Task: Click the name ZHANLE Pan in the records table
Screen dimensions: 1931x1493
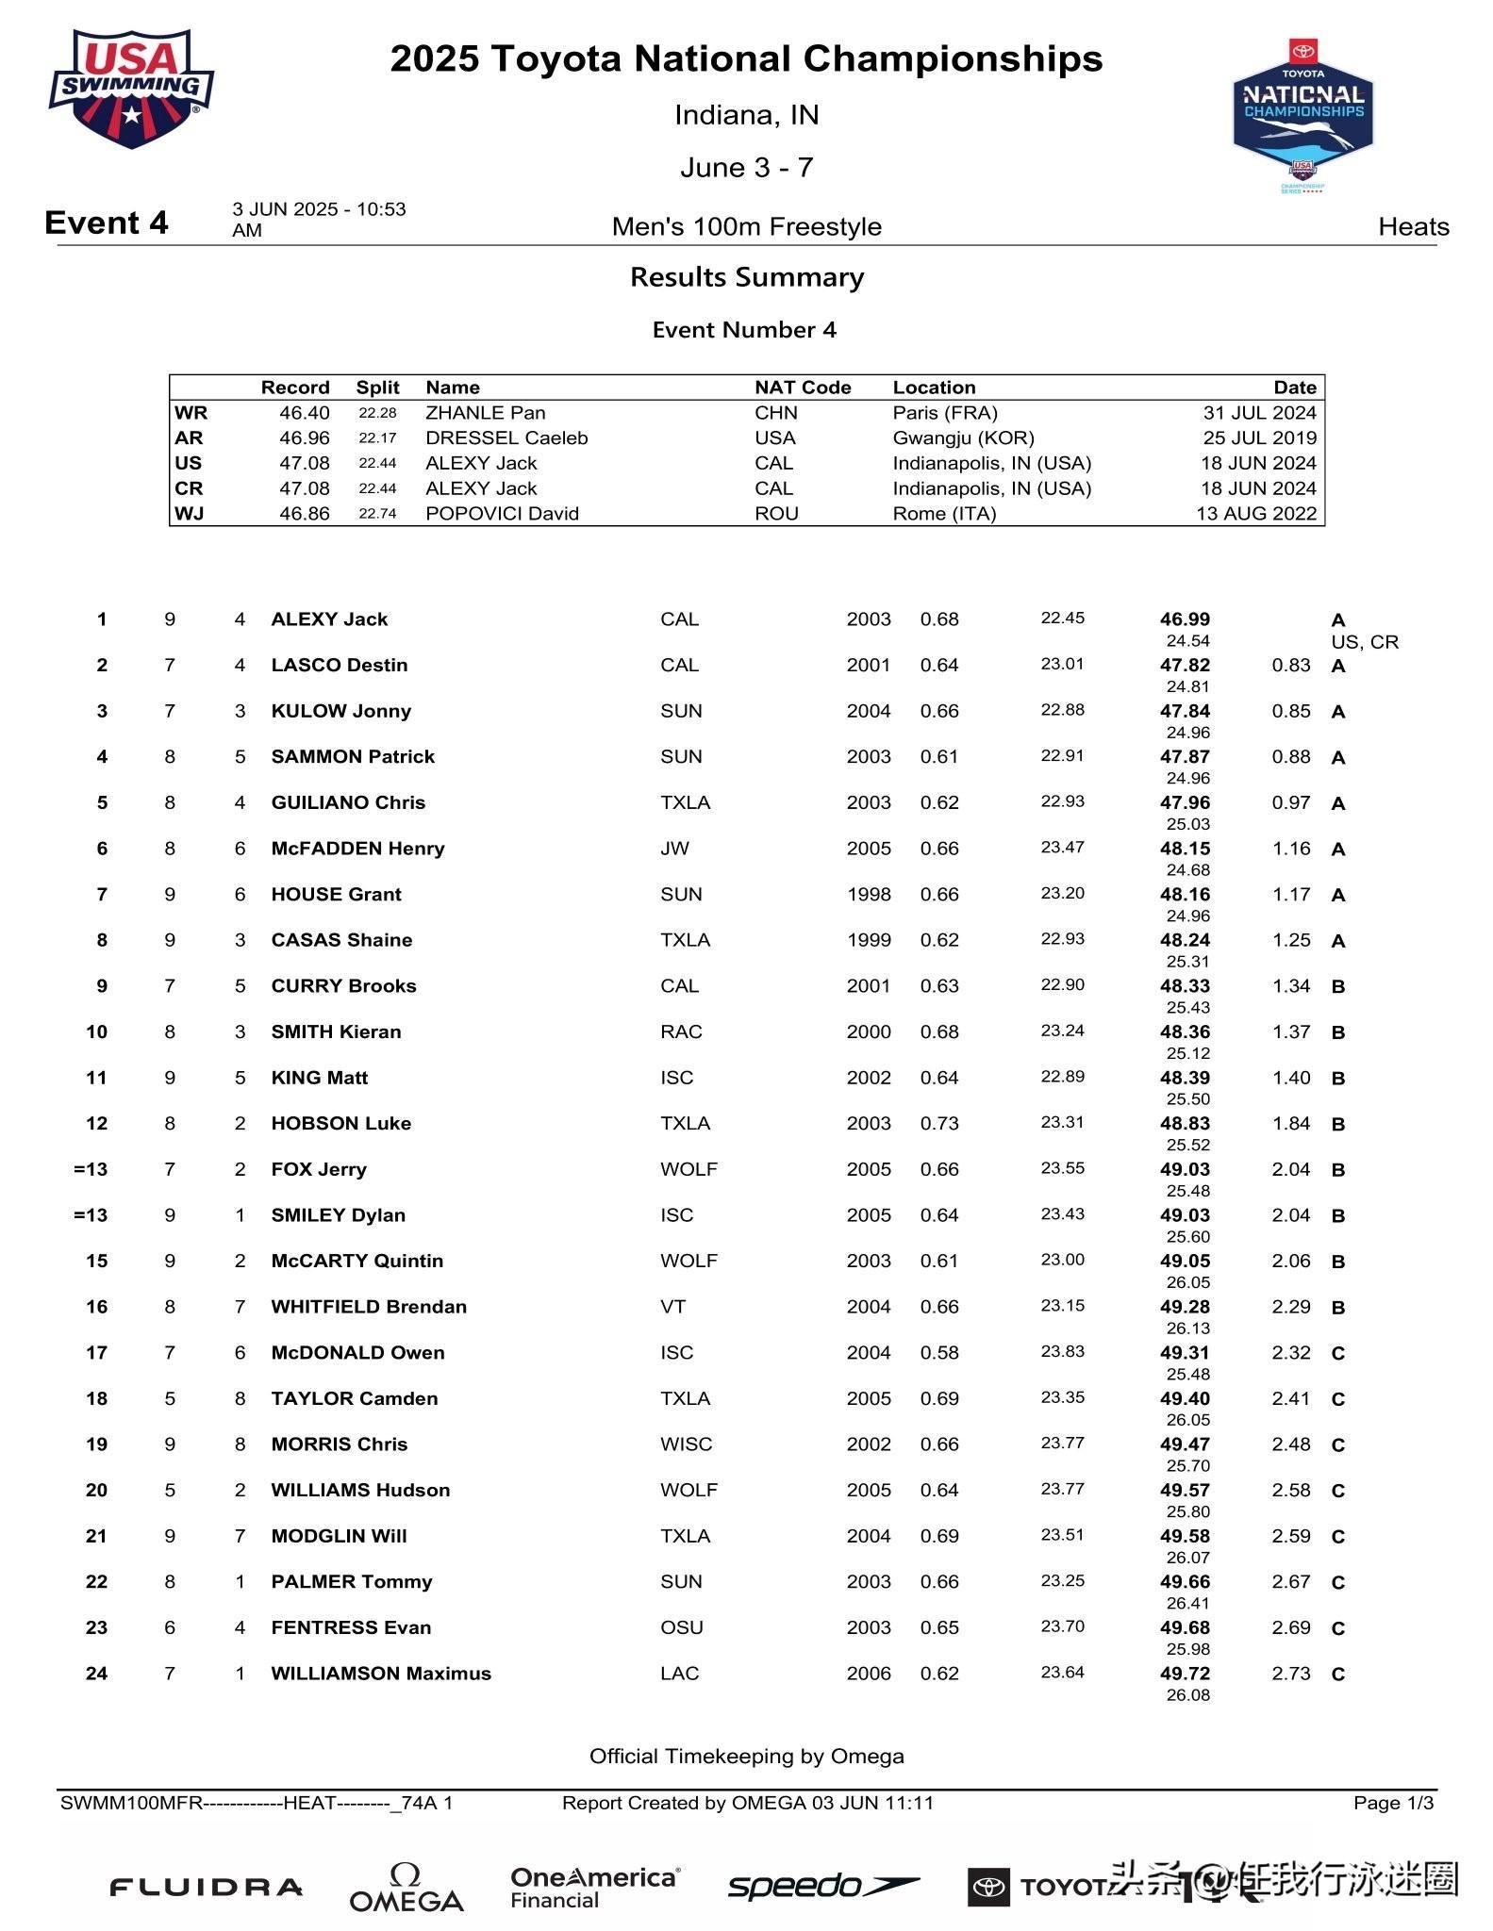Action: coord(485,413)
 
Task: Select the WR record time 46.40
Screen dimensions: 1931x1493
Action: coord(304,413)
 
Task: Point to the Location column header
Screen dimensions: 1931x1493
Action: coord(934,388)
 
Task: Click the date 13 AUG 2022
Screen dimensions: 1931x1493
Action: coord(1256,514)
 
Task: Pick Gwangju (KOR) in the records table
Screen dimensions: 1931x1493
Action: coord(963,438)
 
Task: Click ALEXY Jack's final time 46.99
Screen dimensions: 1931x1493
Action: coord(1185,619)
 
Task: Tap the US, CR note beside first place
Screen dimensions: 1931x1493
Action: coord(1365,642)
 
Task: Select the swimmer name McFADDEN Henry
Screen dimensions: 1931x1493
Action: coord(357,849)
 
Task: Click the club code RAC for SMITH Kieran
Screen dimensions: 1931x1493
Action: coord(681,1032)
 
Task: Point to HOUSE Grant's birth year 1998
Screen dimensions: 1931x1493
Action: coord(869,894)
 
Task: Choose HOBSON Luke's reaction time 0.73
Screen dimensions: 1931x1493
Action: coord(939,1123)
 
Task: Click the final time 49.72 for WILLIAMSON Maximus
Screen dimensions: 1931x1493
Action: coord(1185,1674)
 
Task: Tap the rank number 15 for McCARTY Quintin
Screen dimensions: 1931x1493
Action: coord(96,1261)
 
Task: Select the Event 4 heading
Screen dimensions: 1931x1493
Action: coord(107,223)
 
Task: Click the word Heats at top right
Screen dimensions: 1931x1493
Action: coord(1413,226)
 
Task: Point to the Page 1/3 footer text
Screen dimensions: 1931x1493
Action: coord(1393,1803)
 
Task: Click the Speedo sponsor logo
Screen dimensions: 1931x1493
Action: coord(822,1886)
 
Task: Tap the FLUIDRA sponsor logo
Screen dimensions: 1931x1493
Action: coord(206,1888)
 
